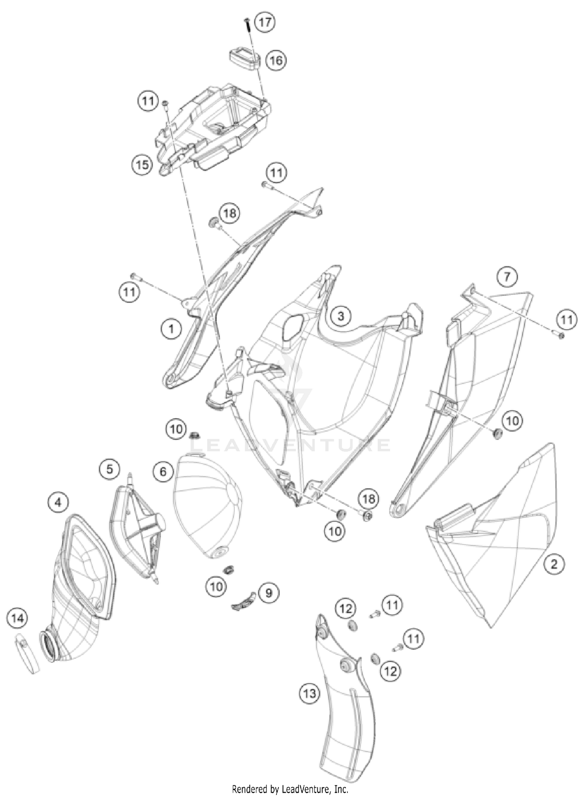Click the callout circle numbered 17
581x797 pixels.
click(x=265, y=22)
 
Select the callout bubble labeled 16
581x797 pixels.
click(x=276, y=61)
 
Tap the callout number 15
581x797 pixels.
click(x=142, y=165)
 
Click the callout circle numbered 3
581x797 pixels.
click(x=340, y=316)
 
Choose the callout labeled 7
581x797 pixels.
click(x=507, y=277)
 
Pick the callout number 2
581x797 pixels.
click(x=554, y=563)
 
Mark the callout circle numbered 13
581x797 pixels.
click(x=309, y=693)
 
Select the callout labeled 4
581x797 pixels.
click(x=58, y=503)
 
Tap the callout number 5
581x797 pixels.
click(x=110, y=469)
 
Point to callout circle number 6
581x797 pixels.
click(x=163, y=471)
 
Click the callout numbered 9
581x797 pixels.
click(x=268, y=593)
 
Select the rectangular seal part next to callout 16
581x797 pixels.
click(x=244, y=58)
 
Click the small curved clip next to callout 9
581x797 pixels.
click(x=244, y=600)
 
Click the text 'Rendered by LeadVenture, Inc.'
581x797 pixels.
click(x=290, y=788)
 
